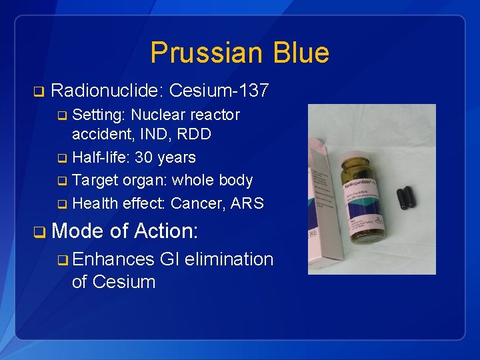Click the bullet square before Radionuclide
(x=38, y=91)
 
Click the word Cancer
(x=197, y=203)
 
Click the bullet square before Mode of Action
(x=39, y=232)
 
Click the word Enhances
(x=113, y=259)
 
